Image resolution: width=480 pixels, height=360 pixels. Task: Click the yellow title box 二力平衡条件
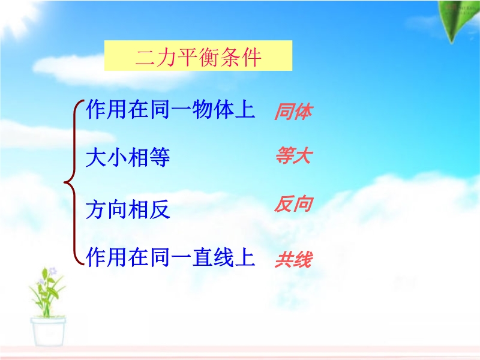(x=198, y=55)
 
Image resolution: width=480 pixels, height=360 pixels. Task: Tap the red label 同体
(x=293, y=112)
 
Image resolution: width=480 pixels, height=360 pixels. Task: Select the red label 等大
(x=293, y=155)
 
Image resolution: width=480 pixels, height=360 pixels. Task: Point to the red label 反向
(x=293, y=204)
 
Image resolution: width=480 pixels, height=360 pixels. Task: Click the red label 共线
(x=293, y=260)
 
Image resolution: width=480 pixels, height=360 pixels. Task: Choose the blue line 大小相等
(x=128, y=157)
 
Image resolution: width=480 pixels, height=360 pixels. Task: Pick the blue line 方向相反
(x=128, y=209)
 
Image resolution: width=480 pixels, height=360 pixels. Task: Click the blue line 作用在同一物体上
(x=170, y=109)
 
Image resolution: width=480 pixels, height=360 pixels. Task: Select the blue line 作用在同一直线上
(x=170, y=257)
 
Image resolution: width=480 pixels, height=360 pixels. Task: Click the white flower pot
(x=48, y=331)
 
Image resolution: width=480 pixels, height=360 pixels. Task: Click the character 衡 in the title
(x=209, y=57)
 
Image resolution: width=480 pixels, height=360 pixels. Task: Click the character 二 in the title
(x=145, y=57)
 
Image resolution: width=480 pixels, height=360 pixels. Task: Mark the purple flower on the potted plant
(x=53, y=271)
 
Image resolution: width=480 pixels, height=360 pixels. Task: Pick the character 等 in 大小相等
(x=160, y=157)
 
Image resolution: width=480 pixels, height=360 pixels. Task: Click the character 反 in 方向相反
(x=160, y=209)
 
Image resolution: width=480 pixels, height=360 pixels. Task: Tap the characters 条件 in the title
(x=241, y=57)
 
